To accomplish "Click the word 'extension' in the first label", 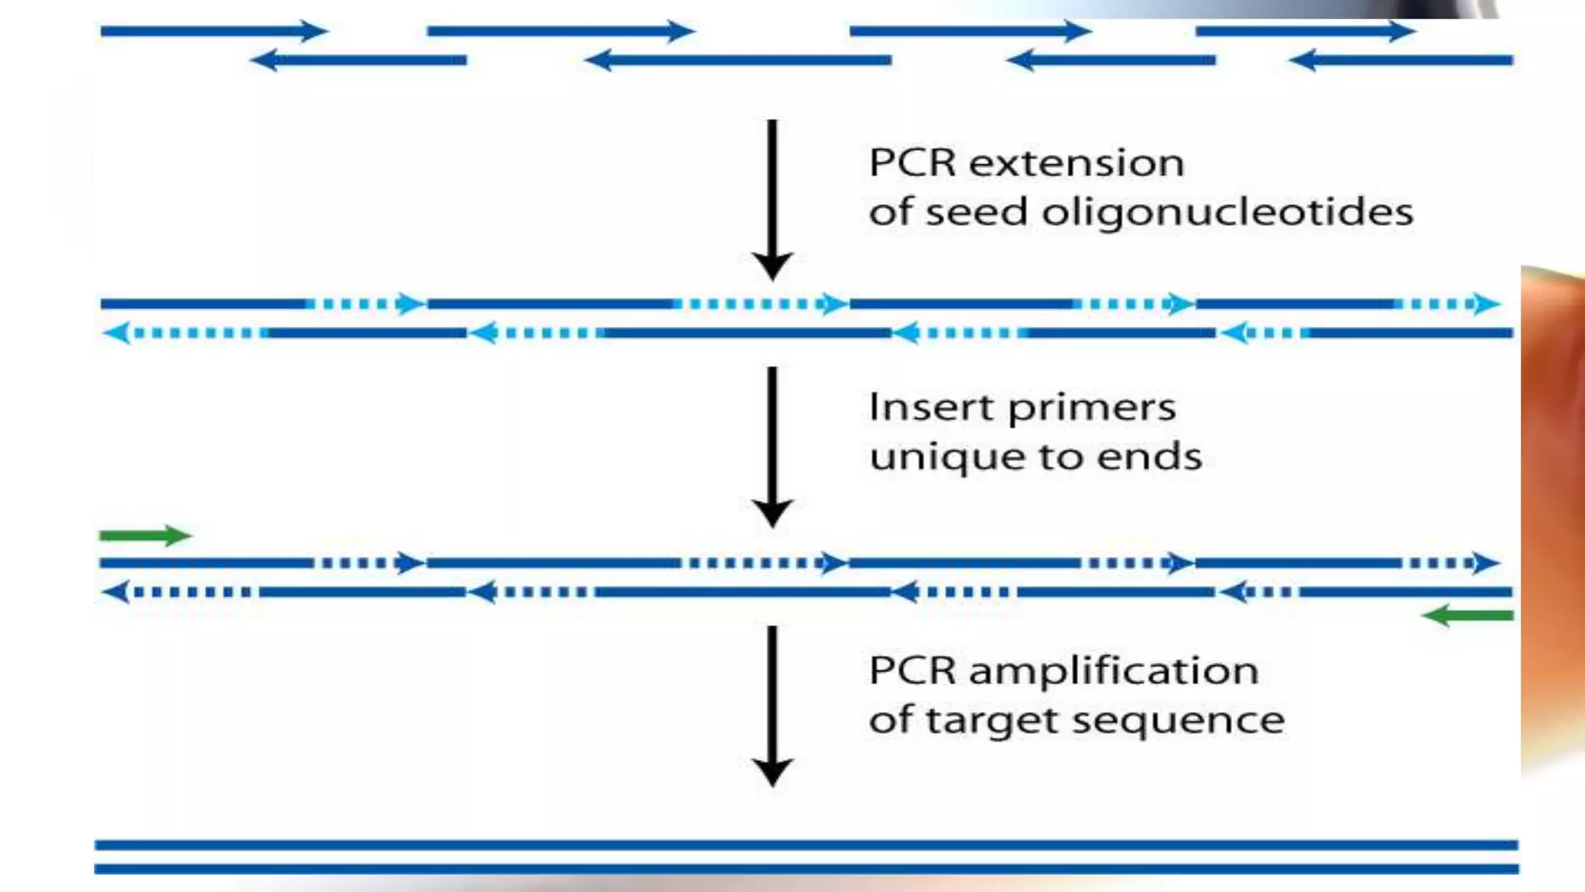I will [x=1077, y=163].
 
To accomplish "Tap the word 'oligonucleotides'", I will [x=1227, y=212].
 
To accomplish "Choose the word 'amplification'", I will [x=1114, y=671].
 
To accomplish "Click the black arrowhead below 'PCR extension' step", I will [x=772, y=266].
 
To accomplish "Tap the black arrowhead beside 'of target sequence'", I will [x=772, y=772].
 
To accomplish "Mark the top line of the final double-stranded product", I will [x=805, y=845].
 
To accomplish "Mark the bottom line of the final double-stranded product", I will [x=805, y=870].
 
